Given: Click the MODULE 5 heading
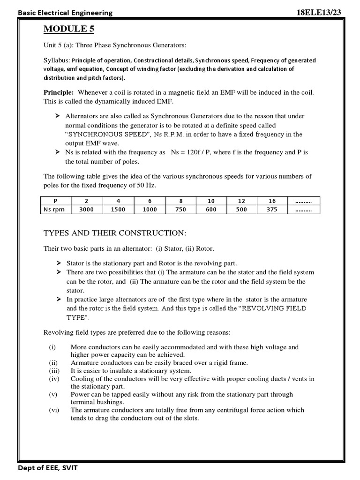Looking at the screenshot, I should click(69, 29).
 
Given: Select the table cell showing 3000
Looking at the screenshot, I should click(86, 210).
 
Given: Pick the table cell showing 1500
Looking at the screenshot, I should click(118, 210).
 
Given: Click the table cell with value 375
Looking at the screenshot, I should click(272, 210).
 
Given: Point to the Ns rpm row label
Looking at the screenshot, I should click(54, 210).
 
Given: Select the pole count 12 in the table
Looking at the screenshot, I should click(241, 201).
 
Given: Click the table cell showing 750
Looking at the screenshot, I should click(180, 210).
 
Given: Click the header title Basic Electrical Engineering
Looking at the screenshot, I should click(65, 13).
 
